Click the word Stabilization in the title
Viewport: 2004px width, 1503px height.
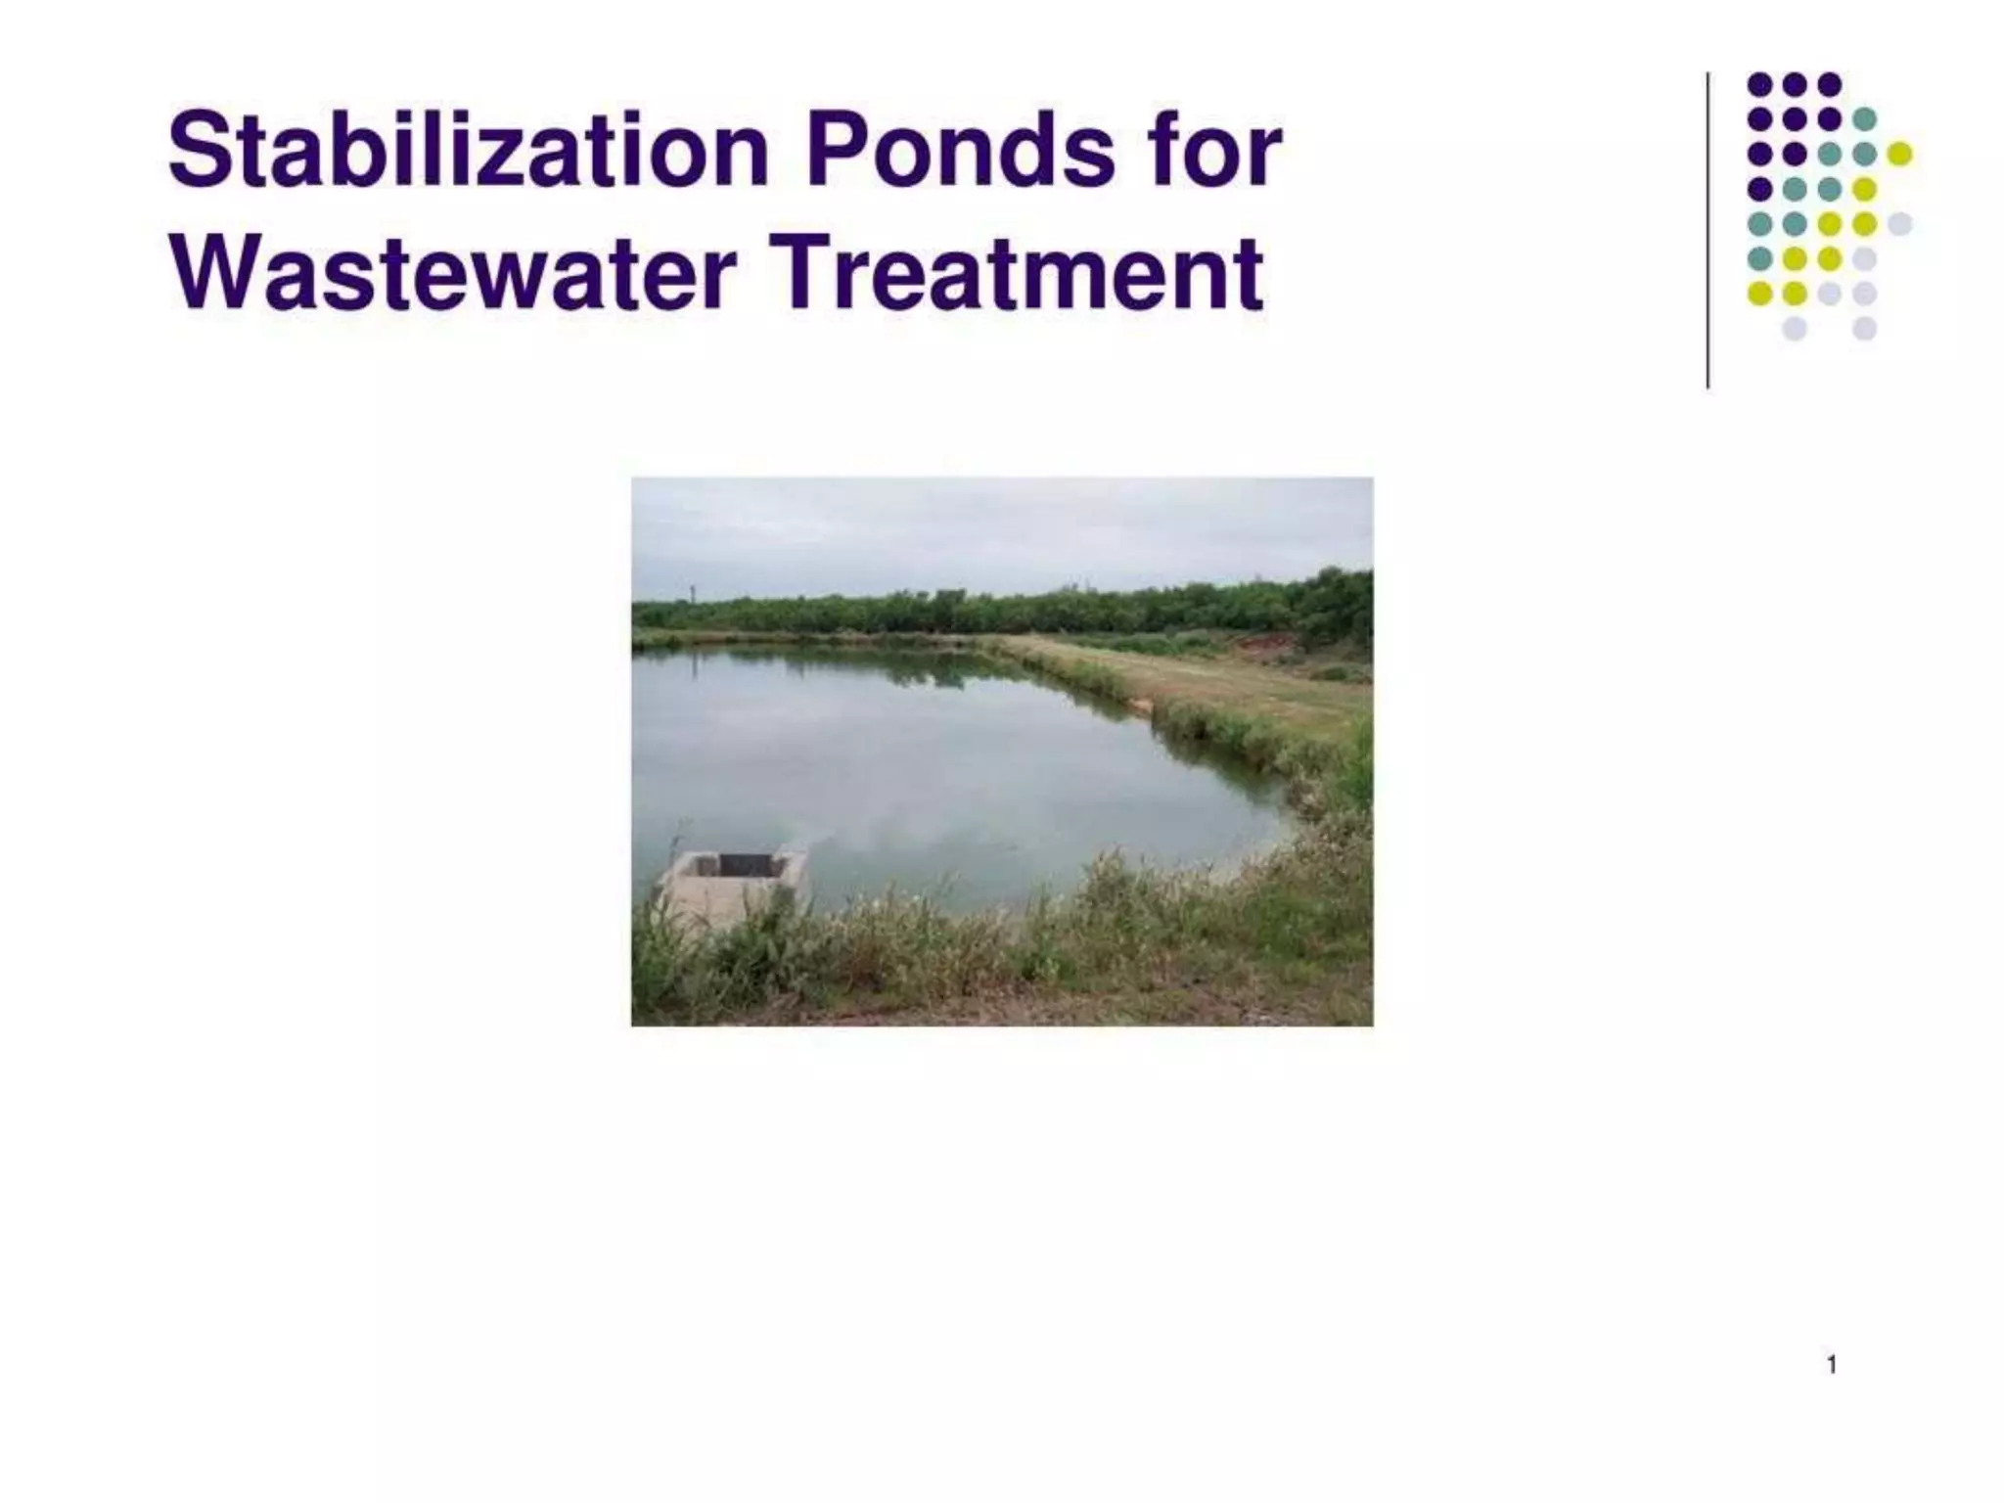click(468, 152)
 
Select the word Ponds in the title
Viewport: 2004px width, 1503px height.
click(959, 152)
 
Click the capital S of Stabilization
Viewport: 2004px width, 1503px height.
click(199, 152)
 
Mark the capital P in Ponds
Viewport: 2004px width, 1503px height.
click(834, 152)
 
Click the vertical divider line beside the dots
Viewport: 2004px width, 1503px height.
click(1708, 230)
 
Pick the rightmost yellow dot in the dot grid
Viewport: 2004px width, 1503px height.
click(1899, 154)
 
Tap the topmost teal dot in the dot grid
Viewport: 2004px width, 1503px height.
click(1864, 118)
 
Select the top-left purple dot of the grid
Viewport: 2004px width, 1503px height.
click(1759, 84)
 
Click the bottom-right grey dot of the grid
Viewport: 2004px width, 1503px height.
click(1864, 328)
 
